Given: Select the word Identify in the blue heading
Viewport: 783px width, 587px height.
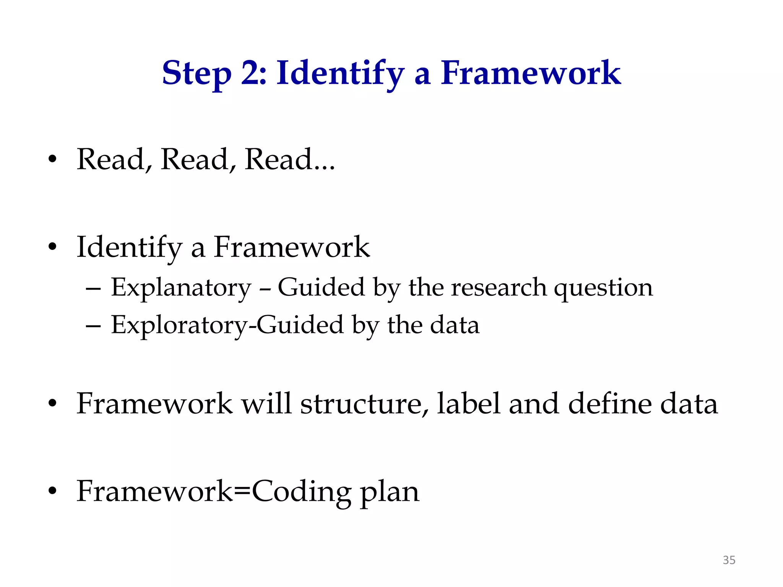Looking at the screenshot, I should coord(340,73).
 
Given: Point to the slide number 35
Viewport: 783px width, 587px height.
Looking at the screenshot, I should coord(729,560).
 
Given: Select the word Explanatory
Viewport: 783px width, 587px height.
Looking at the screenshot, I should coord(181,287).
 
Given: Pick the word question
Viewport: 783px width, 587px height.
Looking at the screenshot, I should coord(603,288).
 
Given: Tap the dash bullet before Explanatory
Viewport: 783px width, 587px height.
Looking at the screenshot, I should coord(93,289).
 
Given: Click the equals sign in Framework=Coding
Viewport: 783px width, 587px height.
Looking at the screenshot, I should coord(242,491).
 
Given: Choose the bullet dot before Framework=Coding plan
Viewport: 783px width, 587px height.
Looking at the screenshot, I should coord(52,491).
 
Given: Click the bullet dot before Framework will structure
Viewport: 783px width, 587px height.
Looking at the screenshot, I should coord(52,403).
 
